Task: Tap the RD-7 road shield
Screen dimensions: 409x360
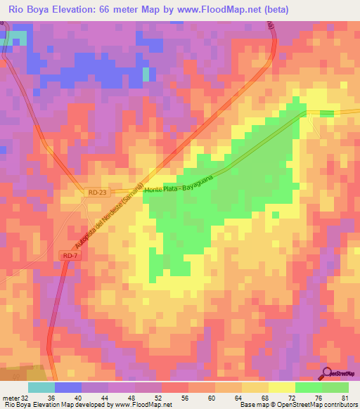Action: coord(68,257)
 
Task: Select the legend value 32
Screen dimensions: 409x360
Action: coord(25,397)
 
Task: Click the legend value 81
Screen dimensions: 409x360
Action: coord(345,397)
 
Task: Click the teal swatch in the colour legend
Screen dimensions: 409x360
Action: coord(41,387)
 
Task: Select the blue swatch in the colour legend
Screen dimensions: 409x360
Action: coord(67,387)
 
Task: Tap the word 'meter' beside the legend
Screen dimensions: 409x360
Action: coord(10,397)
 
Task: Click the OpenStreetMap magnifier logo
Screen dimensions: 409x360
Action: coord(328,375)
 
